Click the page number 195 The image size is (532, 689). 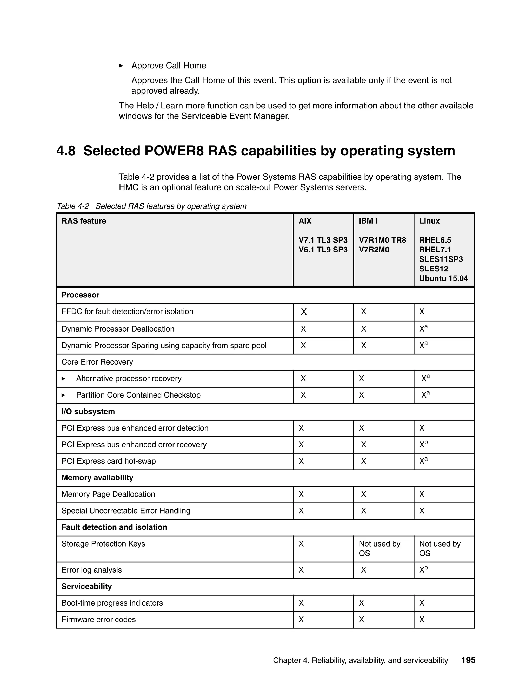[468, 660]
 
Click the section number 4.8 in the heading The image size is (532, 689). [66, 151]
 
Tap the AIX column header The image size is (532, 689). [305, 221]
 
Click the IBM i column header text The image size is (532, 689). [368, 221]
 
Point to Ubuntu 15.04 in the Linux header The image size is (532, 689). [443, 278]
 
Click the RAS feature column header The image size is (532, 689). [84, 221]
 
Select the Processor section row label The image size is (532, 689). [80, 295]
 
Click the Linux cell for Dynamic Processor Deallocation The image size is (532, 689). [423, 328]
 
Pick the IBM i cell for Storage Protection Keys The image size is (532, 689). [379, 548]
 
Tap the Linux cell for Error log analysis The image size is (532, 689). [423, 569]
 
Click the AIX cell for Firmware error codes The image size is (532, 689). [301, 619]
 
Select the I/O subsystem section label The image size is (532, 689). [88, 411]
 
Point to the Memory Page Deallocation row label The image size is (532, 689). [108, 494]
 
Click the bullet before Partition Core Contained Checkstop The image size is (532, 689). [63, 395]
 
